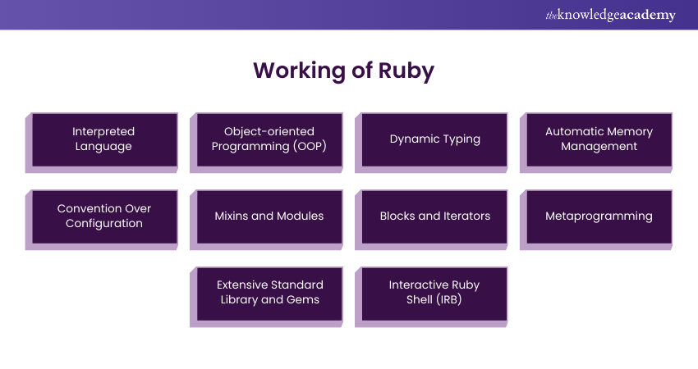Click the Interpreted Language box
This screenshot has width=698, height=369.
pyautogui.click(x=103, y=139)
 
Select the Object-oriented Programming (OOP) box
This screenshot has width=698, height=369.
pyautogui.click(x=269, y=139)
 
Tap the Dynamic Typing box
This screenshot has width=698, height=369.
pyautogui.click(x=434, y=139)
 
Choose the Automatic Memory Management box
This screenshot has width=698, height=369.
pyautogui.click(x=599, y=139)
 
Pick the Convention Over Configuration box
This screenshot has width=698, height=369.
pyautogui.click(x=103, y=216)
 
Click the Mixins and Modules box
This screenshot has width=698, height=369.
pyautogui.click(x=269, y=216)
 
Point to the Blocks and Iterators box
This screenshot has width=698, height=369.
pyautogui.click(x=434, y=216)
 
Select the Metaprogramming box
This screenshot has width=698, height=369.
pyautogui.click(x=599, y=216)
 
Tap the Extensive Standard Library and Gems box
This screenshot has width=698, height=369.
pyautogui.click(x=269, y=293)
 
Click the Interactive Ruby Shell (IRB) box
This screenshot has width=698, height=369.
pyautogui.click(x=434, y=293)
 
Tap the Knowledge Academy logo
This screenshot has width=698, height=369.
pyautogui.click(x=610, y=15)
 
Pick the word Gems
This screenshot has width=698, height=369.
pyautogui.click(x=304, y=300)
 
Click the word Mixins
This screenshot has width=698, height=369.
pyautogui.click(x=232, y=216)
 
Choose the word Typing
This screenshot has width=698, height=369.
pyautogui.click(x=462, y=139)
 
